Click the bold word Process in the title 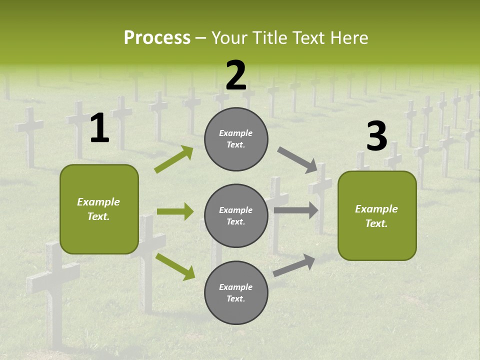tap(157, 38)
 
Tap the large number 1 tap(99, 128)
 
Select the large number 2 tap(236, 75)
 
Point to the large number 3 tap(376, 136)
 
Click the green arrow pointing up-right tap(173, 159)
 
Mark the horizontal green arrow tap(175, 211)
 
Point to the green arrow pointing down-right tap(175, 266)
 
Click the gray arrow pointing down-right tap(297, 159)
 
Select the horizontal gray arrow tap(296, 210)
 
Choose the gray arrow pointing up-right tap(294, 265)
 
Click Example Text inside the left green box tap(98, 209)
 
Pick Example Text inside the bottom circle tap(236, 293)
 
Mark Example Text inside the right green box tap(376, 216)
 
